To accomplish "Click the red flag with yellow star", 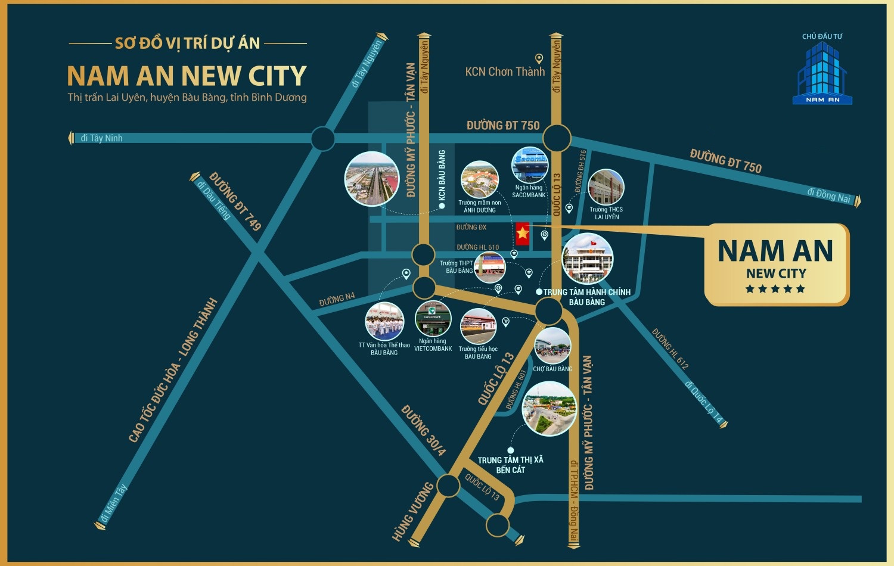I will pyautogui.click(x=523, y=234).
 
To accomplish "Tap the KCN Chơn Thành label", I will pyautogui.click(x=505, y=72).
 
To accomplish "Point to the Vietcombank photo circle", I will pyautogui.click(x=433, y=319).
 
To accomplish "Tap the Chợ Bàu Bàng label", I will pyautogui.click(x=552, y=369).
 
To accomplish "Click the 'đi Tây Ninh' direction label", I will pyautogui.click(x=101, y=138).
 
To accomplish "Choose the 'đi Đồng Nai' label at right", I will pyautogui.click(x=828, y=195).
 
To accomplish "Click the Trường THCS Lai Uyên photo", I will pyautogui.click(x=606, y=187).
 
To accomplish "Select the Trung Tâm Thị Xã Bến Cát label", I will pyautogui.click(x=511, y=465).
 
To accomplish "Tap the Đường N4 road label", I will pyautogui.click(x=337, y=299).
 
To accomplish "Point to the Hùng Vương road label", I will pyautogui.click(x=412, y=511).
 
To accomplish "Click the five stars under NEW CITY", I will pyautogui.click(x=775, y=289).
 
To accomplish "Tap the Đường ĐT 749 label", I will pyautogui.click(x=235, y=201).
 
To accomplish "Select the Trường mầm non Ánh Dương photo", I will pyautogui.click(x=479, y=179).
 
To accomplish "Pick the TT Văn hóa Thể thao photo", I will pyautogui.click(x=384, y=321).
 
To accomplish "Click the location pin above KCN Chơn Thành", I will pyautogui.click(x=539, y=58).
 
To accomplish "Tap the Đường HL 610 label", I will pyautogui.click(x=477, y=247).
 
